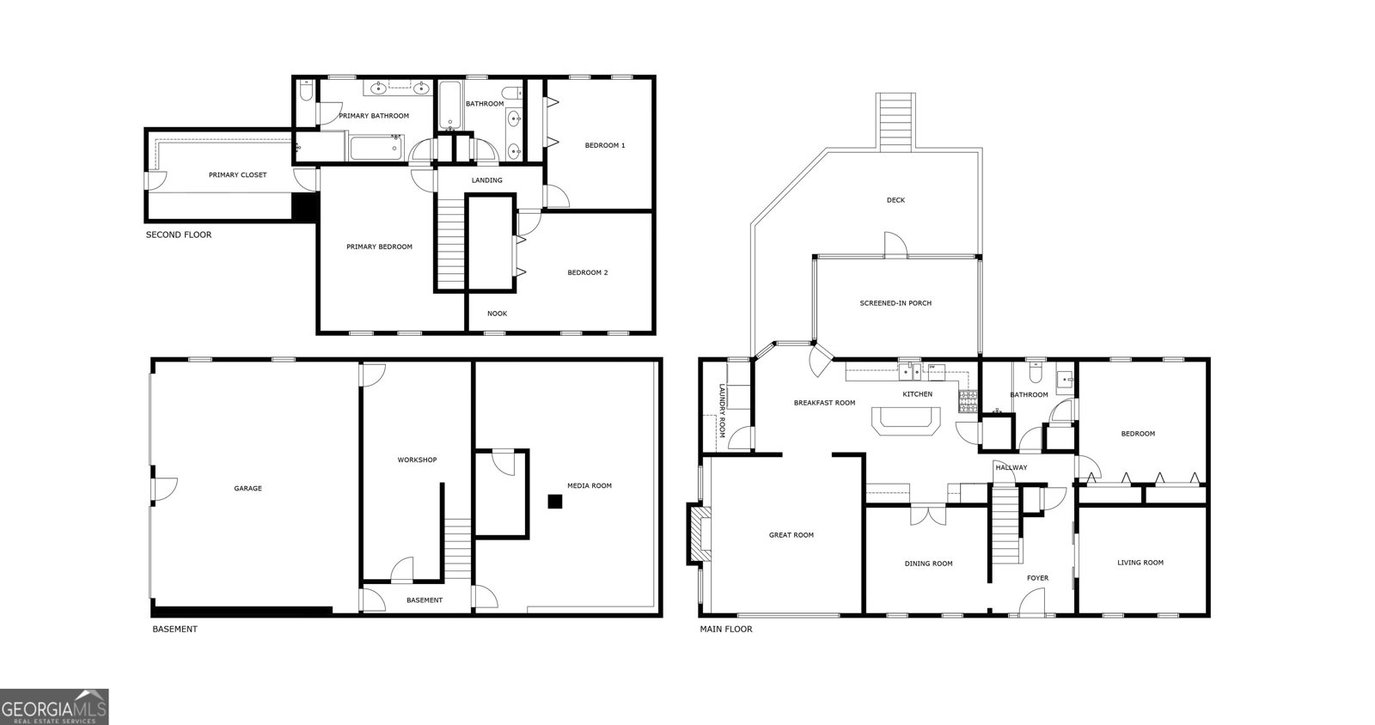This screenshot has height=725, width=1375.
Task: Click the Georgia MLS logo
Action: coord(54,707)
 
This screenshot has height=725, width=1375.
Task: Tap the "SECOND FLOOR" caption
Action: coord(179,235)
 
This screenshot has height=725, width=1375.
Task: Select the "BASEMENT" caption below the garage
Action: coord(175,629)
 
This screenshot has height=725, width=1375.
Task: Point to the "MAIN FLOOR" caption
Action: coord(726,629)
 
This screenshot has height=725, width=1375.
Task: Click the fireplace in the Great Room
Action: coord(699,533)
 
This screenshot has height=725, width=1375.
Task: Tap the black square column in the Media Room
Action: coord(555,502)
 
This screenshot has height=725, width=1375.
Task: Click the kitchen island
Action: coord(906,420)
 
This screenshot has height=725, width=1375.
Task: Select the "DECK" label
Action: coord(895,200)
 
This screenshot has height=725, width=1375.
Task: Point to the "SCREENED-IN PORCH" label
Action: coord(895,303)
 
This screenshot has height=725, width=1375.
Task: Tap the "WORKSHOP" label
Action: coord(417,460)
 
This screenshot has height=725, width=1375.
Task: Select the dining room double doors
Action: coord(928,515)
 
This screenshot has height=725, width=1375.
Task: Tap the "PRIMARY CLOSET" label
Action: coord(237,175)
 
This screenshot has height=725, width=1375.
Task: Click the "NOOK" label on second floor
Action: coord(498,314)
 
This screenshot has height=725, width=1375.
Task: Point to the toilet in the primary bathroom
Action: coord(306,91)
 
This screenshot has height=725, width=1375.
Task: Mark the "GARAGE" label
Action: coord(248,488)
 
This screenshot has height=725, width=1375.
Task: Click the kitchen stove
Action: coord(968,400)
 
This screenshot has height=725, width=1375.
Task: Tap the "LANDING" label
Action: coord(486,180)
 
